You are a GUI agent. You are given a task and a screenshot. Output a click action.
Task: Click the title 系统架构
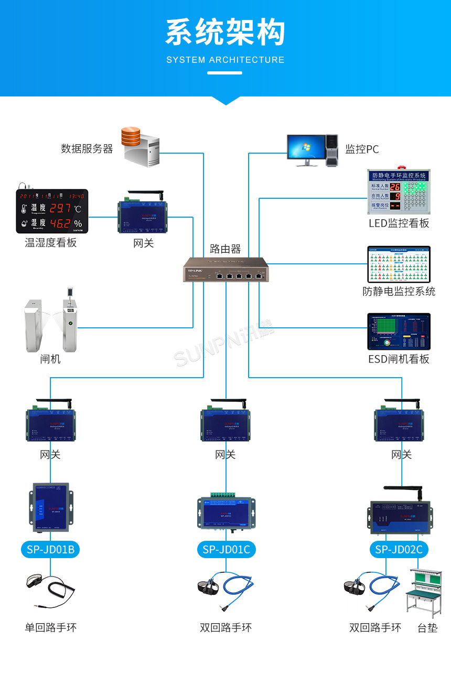[x=225, y=33]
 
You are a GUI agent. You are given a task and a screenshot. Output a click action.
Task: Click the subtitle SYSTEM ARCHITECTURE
[x=225, y=60]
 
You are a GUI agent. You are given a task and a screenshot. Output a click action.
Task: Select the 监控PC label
[x=362, y=149]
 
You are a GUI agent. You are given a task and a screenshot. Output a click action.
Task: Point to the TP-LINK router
[x=225, y=270]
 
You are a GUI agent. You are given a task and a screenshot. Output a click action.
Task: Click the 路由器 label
[x=225, y=249]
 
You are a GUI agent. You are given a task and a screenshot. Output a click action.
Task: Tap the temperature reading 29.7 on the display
[x=60, y=208]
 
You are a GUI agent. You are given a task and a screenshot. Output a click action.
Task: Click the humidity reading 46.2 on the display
[x=60, y=223]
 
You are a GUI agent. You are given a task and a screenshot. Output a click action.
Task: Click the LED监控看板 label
[x=399, y=223]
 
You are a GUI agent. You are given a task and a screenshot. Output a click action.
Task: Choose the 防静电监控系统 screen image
[x=399, y=265]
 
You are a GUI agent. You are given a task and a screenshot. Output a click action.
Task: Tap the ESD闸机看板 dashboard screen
[x=399, y=332]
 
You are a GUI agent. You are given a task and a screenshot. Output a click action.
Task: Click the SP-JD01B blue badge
[x=50, y=549]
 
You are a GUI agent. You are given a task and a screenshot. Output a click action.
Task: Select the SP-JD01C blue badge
[x=226, y=549]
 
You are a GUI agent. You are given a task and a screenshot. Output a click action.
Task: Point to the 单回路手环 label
[x=50, y=627]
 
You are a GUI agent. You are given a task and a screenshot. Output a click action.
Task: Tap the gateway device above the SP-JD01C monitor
[x=226, y=423]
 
